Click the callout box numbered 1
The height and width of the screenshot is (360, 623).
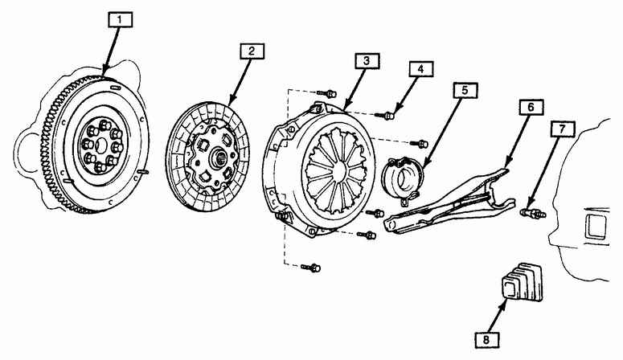[119, 17]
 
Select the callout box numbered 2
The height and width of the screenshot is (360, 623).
[251, 52]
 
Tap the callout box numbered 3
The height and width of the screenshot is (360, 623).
[365, 61]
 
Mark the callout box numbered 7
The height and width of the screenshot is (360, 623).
[562, 129]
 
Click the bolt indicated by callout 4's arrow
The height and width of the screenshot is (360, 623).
[389, 116]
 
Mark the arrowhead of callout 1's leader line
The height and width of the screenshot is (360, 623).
[105, 76]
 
